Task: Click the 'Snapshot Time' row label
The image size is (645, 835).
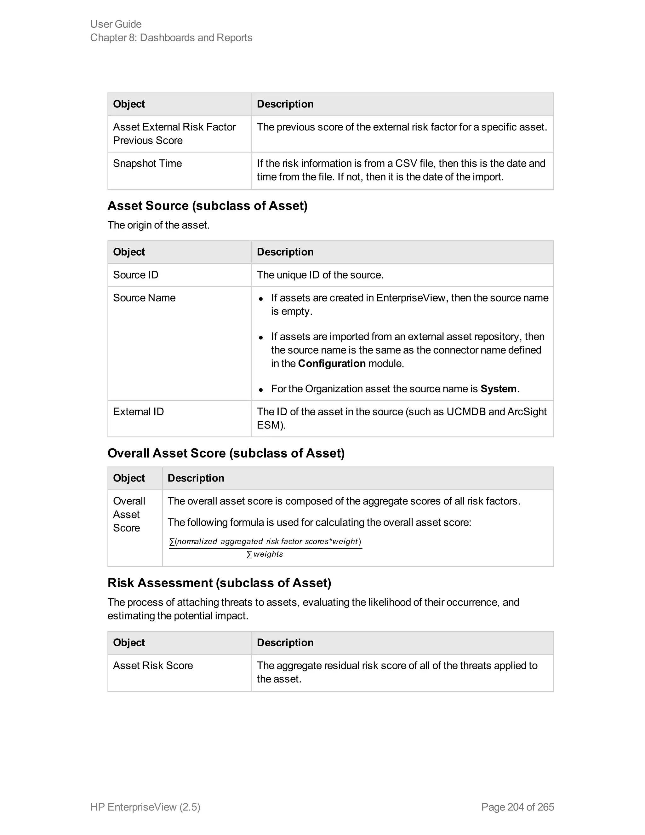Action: coord(147,163)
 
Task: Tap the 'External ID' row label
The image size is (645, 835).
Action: coord(138,412)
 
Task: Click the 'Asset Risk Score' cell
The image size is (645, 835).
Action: coord(152,665)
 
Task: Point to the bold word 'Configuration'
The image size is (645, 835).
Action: coord(331,364)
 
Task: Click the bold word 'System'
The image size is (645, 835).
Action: coord(498,389)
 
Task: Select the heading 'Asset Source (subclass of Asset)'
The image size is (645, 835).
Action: coord(207,206)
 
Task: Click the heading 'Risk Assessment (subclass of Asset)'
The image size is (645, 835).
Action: coord(219,583)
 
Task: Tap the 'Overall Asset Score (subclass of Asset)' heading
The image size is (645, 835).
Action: coord(226,453)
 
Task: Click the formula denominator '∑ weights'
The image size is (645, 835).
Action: coord(265,554)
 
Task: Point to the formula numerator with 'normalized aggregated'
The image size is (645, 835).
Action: coord(265,541)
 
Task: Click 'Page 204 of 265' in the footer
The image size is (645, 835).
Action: coord(517,807)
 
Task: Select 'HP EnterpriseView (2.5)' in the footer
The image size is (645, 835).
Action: coord(145,807)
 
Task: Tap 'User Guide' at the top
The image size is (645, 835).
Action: coord(116,24)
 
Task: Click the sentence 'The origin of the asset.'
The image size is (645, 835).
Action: coord(158,225)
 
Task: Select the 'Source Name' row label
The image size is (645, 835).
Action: coord(144,298)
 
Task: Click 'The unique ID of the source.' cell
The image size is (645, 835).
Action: coord(320,275)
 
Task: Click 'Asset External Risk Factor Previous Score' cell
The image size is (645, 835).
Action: coord(174,133)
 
